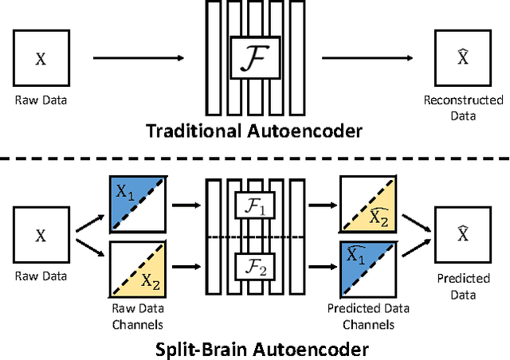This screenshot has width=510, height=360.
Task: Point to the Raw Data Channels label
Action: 136,319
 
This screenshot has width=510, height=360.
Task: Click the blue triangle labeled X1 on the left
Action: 126,194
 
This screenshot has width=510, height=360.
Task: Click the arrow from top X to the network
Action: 139,57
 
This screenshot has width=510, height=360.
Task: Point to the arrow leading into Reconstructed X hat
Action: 371,57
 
